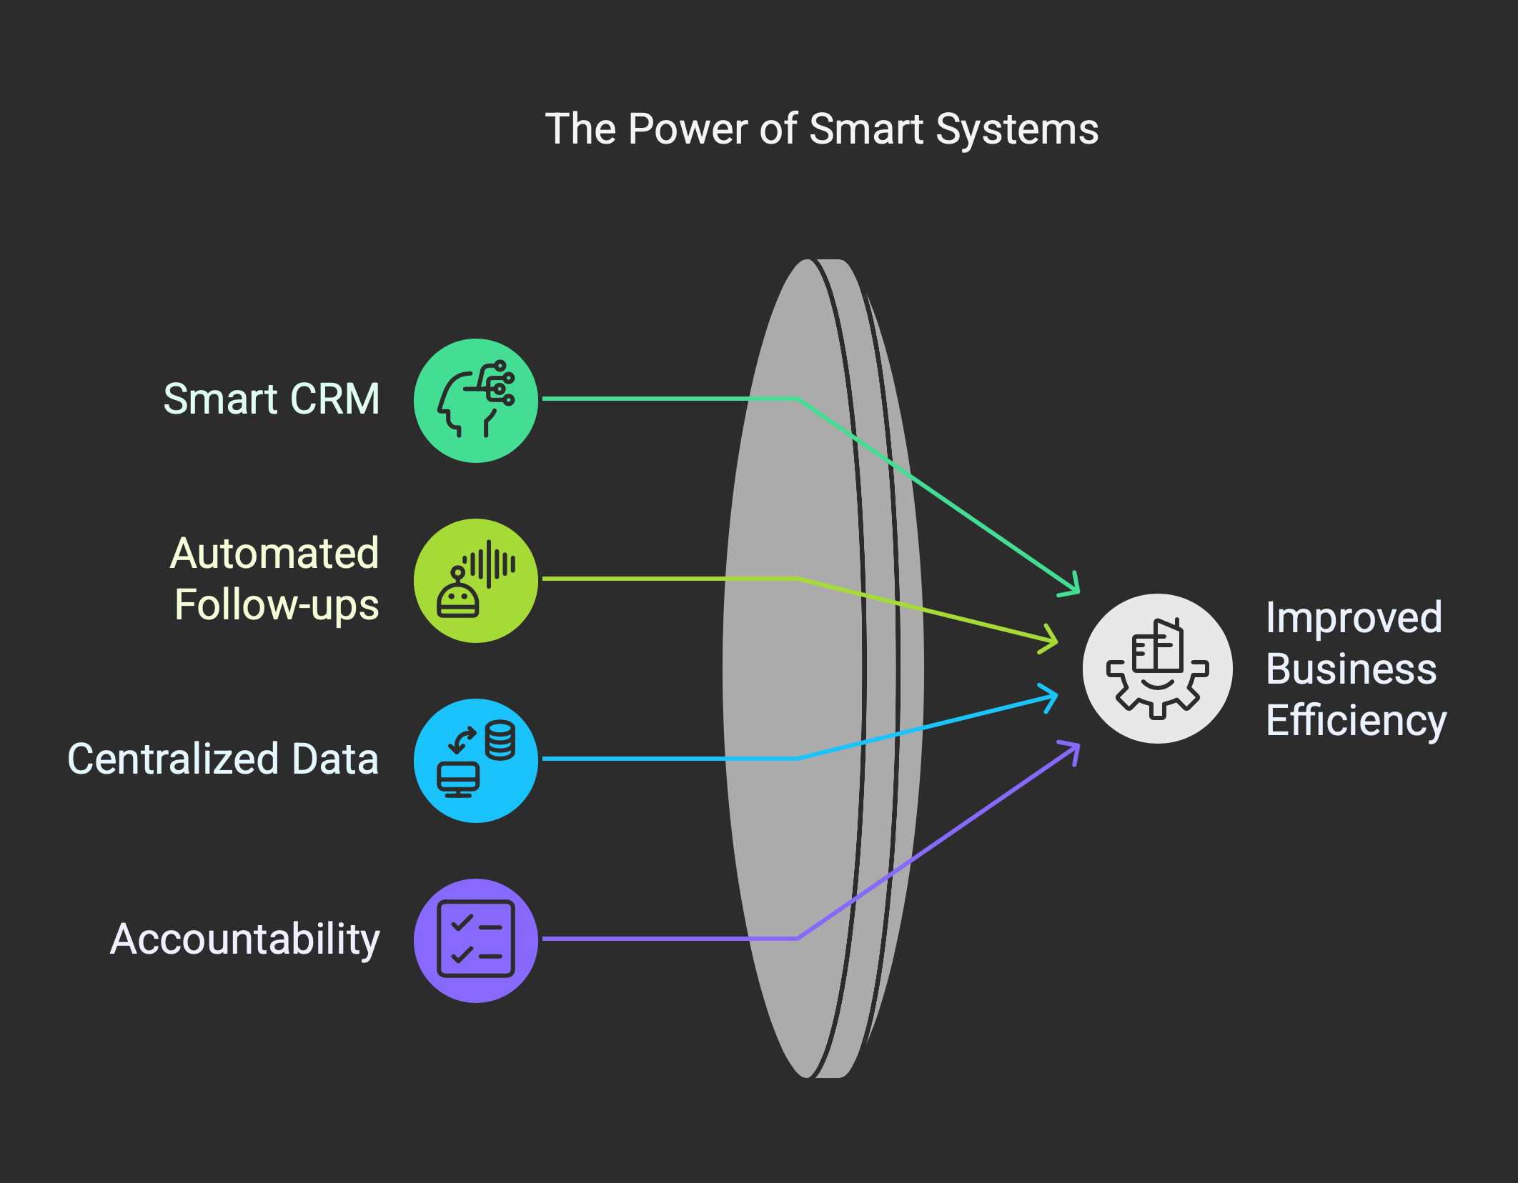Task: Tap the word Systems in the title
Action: [1017, 131]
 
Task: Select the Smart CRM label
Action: [272, 399]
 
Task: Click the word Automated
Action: [274, 553]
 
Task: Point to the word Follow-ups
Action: [277, 606]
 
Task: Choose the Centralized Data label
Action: [223, 759]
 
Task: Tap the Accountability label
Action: [245, 939]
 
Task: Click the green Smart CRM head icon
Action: [476, 401]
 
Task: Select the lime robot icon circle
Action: [476, 581]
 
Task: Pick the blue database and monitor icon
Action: [476, 761]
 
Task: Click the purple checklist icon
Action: [476, 941]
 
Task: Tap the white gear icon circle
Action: [1158, 669]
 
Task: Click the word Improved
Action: [1354, 618]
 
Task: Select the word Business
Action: [1351, 669]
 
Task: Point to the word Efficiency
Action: [1356, 721]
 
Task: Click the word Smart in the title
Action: [867, 129]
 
